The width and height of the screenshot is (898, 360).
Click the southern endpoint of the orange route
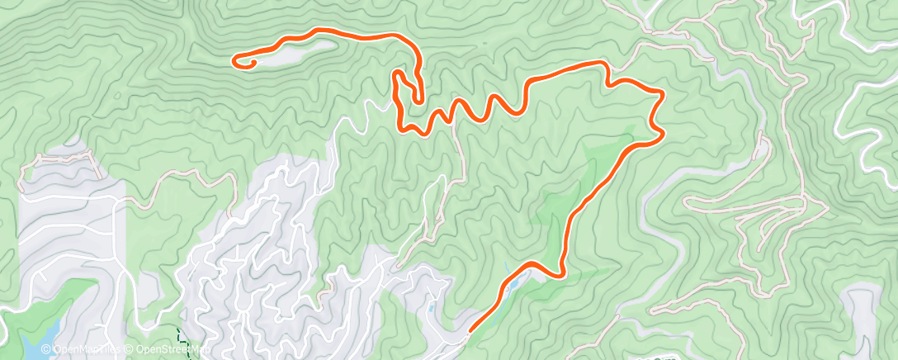470,332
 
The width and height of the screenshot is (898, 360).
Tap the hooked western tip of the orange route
237,59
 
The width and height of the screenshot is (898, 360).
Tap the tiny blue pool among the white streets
430,307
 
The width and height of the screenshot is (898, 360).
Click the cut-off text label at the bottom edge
652,357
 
